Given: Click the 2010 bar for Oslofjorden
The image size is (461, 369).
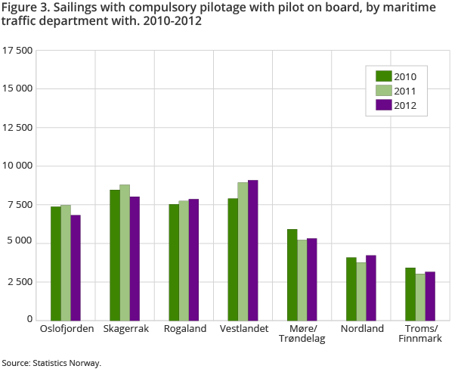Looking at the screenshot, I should pyautogui.click(x=56, y=263).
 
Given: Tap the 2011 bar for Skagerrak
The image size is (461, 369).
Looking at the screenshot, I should pyautogui.click(x=125, y=252).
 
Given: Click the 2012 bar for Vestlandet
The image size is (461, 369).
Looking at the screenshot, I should pyautogui.click(x=252, y=250).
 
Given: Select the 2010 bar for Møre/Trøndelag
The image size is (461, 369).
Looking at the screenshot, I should pyautogui.click(x=292, y=274).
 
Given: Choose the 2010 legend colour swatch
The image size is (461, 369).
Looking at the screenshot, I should pyautogui.click(x=383, y=76).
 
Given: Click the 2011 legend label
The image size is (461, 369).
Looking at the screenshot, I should pyautogui.click(x=406, y=91).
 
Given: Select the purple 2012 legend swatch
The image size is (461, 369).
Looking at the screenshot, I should pyautogui.click(x=383, y=105).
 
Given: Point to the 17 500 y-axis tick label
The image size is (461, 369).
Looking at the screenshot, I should pyautogui.click(x=17, y=51).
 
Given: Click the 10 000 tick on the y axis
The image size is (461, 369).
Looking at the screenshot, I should pyautogui.click(x=17, y=166).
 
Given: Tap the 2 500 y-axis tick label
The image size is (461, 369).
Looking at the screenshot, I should pyautogui.click(x=20, y=281).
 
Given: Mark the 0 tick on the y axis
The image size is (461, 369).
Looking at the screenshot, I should pyautogui.click(x=29, y=320).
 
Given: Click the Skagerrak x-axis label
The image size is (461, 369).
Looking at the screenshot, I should pyautogui.click(x=125, y=329).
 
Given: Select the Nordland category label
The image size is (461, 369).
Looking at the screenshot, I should pyautogui.click(x=361, y=329).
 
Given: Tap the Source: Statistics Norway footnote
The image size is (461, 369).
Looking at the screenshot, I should pyautogui.click(x=51, y=363).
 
